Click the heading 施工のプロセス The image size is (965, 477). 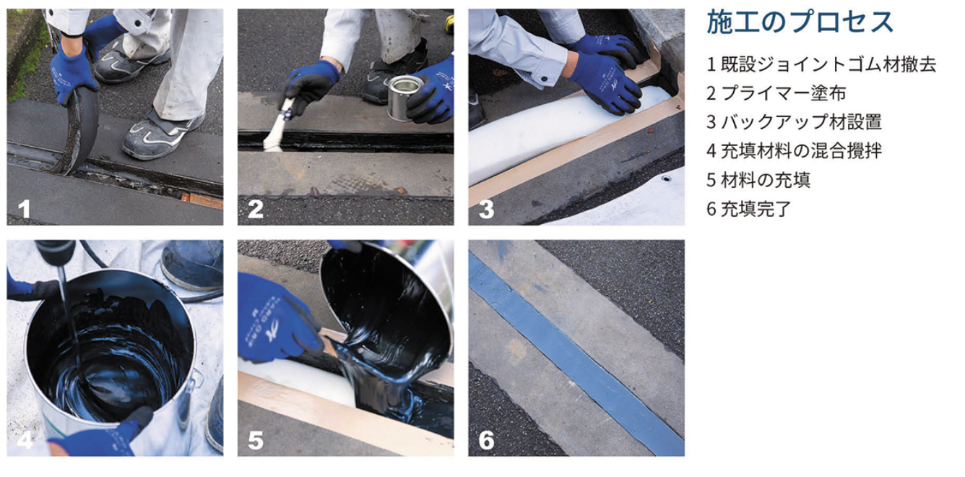point(800,22)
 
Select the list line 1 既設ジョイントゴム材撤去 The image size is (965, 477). point(821,64)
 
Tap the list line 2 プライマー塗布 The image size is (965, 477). point(776,93)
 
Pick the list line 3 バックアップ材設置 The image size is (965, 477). point(795,122)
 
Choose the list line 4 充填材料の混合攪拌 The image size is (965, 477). point(795,151)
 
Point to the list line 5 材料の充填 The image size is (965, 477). point(758,180)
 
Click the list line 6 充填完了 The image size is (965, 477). point(749,209)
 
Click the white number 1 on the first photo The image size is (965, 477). point(24,209)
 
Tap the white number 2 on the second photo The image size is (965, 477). point(256,209)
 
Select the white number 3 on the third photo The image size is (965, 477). point(486,209)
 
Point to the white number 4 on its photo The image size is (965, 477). point(25,440)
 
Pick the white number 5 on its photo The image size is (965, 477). point(256,440)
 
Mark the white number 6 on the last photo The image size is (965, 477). point(486,440)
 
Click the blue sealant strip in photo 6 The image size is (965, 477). point(576,354)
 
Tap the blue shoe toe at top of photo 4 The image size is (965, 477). point(193,263)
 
